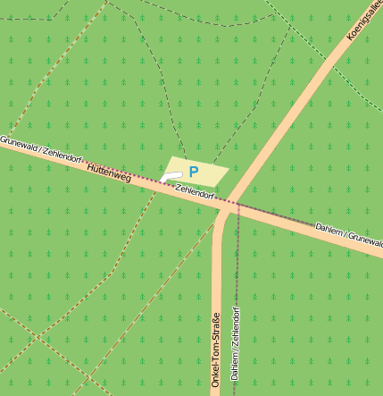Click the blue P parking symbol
coord(194,170)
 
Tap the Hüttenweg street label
coord(110,173)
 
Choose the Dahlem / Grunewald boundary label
coord(349,236)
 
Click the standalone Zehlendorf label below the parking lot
coord(196,191)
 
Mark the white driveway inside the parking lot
coord(174,176)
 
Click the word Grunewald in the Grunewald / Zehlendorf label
coord(18,146)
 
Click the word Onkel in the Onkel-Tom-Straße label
coord(216,376)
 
